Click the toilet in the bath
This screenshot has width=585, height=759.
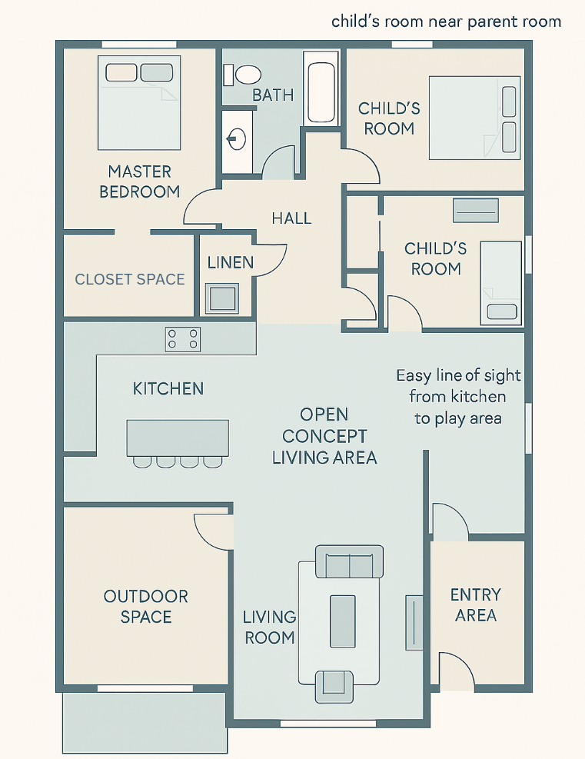[242, 75]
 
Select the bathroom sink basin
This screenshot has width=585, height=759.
[237, 139]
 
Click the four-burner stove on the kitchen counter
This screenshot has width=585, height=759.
[183, 339]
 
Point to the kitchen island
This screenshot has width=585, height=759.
[178, 438]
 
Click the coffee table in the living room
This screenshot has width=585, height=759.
[343, 621]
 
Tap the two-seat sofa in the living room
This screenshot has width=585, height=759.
[349, 561]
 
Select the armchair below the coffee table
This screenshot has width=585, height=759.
[334, 687]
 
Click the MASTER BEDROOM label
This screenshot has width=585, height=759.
[139, 181]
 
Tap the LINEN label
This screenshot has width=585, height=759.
[231, 262]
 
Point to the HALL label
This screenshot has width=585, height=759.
[291, 218]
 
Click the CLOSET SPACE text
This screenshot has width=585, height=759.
[130, 279]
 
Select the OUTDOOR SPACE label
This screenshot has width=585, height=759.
[145, 607]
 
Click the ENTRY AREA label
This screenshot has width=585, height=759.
[476, 604]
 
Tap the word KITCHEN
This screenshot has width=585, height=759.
[168, 388]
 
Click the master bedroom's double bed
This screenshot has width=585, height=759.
[139, 102]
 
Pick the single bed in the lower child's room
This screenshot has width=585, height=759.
[500, 283]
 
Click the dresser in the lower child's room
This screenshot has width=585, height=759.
[476, 211]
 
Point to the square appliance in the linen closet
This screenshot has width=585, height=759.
[222, 298]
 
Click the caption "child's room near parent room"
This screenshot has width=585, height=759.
[446, 22]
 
